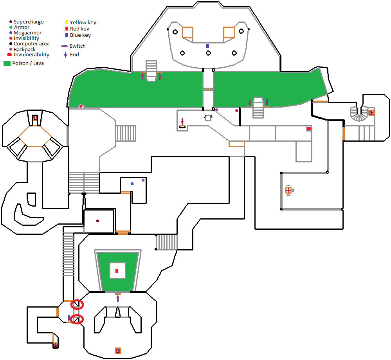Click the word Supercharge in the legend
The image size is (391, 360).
tap(29, 22)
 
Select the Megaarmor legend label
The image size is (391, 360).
tap(27, 33)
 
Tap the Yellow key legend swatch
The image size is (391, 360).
tap(67, 22)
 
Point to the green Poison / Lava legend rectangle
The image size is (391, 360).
tap(7, 63)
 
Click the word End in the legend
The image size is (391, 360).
tap(74, 55)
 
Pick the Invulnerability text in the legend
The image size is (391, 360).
tap(31, 55)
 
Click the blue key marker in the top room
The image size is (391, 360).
tap(208, 46)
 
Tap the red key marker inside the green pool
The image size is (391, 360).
tap(117, 270)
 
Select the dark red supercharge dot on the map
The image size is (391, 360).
tap(97, 221)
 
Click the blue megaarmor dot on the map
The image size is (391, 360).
tap(132, 184)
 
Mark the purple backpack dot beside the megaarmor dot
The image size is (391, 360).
tap(143, 180)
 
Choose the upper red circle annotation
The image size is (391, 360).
tap(77, 304)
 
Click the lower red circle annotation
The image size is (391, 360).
tap(77, 319)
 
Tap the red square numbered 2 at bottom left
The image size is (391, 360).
tap(56, 345)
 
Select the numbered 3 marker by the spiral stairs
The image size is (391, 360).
tap(371, 113)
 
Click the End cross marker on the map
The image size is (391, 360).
tap(288, 190)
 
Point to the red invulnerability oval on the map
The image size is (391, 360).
tap(309, 128)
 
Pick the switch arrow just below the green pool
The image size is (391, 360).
tap(118, 299)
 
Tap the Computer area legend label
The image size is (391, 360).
tap(31, 44)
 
